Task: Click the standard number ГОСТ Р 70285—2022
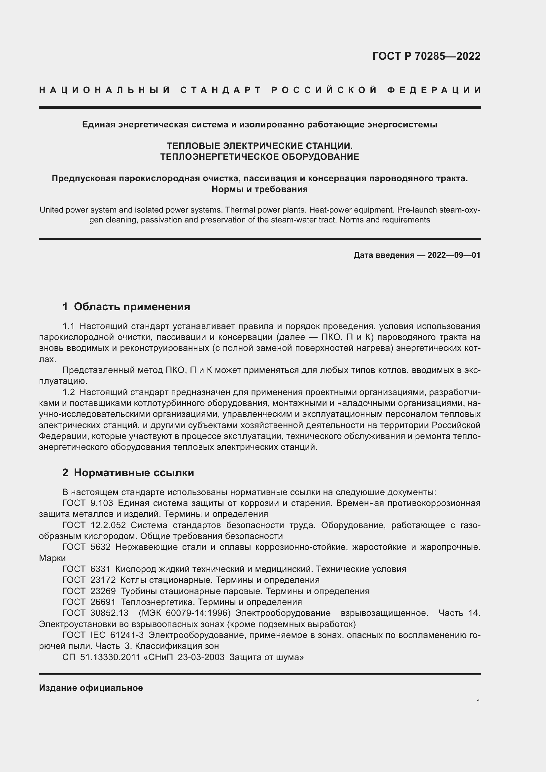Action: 426,56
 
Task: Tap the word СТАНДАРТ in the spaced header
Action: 221,90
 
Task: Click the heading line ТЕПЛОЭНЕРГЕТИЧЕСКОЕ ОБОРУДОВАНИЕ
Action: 259,157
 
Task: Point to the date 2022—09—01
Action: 454,255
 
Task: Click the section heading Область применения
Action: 132,307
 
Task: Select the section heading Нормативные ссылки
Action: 134,473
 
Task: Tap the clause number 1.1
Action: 69,326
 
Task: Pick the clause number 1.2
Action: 69,392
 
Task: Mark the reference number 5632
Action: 100,547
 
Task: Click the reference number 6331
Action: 100,569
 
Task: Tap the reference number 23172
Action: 103,580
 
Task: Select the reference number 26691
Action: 103,602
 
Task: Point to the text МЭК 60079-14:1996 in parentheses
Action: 185,613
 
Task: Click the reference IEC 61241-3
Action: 117,635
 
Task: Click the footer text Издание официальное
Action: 91,688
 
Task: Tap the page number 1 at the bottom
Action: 478,702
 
